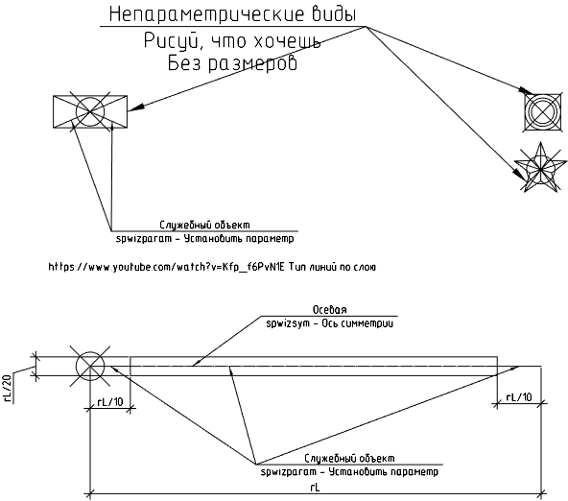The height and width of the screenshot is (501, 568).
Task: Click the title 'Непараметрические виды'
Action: (232, 14)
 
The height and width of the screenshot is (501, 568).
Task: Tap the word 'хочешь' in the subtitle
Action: (287, 41)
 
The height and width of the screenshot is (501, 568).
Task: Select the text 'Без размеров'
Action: (232, 63)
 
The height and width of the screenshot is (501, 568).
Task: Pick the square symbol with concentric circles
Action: (543, 112)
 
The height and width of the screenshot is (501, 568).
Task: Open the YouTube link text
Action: (167, 267)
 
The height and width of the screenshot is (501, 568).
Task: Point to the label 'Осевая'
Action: (329, 310)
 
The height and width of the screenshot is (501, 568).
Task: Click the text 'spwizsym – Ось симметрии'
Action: (329, 323)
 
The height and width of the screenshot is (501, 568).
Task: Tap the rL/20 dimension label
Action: (8, 388)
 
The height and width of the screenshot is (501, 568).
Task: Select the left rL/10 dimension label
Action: (110, 402)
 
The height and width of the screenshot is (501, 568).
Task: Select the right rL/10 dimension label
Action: (519, 397)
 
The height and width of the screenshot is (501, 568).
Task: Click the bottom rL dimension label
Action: (315, 488)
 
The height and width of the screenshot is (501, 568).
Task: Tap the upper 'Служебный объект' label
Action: (204, 225)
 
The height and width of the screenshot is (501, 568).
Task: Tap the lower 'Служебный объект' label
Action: (349, 459)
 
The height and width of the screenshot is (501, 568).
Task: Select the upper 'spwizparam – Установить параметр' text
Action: (205, 239)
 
